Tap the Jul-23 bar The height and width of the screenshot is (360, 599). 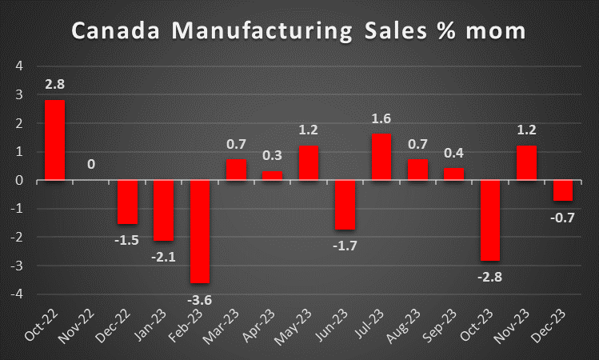382,157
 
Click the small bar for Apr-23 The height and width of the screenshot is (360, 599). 272,175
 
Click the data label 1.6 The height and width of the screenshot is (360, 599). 382,120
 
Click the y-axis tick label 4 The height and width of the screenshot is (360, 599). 21,66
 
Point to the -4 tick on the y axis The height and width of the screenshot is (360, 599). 18,294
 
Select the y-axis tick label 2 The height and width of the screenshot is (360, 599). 21,122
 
